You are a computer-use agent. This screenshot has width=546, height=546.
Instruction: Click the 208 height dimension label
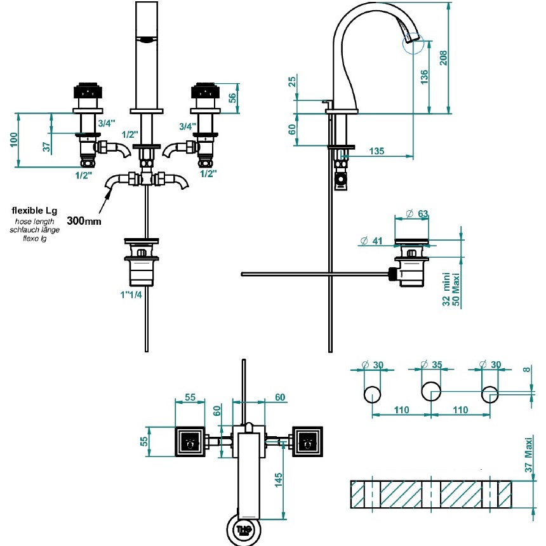point(443,58)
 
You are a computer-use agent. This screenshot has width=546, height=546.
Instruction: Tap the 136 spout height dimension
point(423,77)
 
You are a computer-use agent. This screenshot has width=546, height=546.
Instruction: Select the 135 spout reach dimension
point(376,151)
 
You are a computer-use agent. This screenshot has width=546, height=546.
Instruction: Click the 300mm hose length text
point(84,221)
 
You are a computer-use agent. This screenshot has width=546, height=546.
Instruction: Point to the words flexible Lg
point(34,211)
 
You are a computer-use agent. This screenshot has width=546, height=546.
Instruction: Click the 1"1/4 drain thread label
point(131,295)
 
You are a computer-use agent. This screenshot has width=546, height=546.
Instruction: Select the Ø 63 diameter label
point(417,213)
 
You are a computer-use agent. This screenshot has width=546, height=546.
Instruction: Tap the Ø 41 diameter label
point(371,241)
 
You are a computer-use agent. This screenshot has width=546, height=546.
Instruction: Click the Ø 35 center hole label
point(432,364)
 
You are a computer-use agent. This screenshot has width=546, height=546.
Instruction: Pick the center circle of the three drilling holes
point(431,392)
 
